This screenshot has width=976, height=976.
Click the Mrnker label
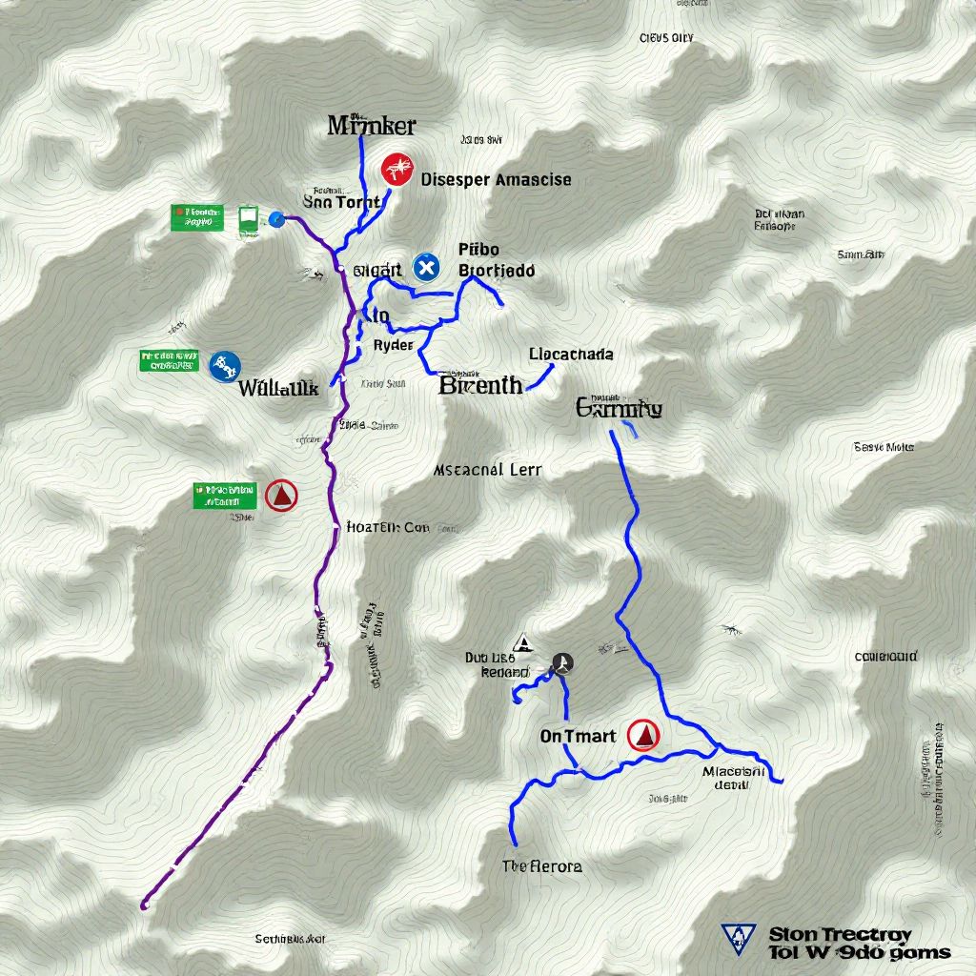pos(371,125)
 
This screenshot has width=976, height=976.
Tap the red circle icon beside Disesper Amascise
pos(398,170)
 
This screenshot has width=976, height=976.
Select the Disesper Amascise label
pos(496,179)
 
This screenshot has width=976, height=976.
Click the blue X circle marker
pos(426,268)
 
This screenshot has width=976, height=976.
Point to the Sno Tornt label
pos(341,202)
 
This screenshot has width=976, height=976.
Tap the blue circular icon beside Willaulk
pos(226,365)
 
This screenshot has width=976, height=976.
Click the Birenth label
pos(480,385)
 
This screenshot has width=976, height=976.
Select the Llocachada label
pos(570,354)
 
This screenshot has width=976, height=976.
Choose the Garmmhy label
pos(619,409)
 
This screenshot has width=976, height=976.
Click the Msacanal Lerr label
pos(487,470)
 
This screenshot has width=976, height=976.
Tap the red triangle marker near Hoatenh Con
pos(281,495)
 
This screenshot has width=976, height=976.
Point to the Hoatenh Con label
pos(388,526)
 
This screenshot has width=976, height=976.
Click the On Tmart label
pos(578,736)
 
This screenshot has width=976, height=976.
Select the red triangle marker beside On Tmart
pos(644,735)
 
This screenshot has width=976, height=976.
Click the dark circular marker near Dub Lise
pos(562,663)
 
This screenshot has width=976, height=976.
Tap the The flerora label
pos(541,866)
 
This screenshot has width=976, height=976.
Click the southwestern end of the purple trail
pos(145,904)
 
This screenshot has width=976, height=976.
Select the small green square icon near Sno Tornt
pos(248,218)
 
